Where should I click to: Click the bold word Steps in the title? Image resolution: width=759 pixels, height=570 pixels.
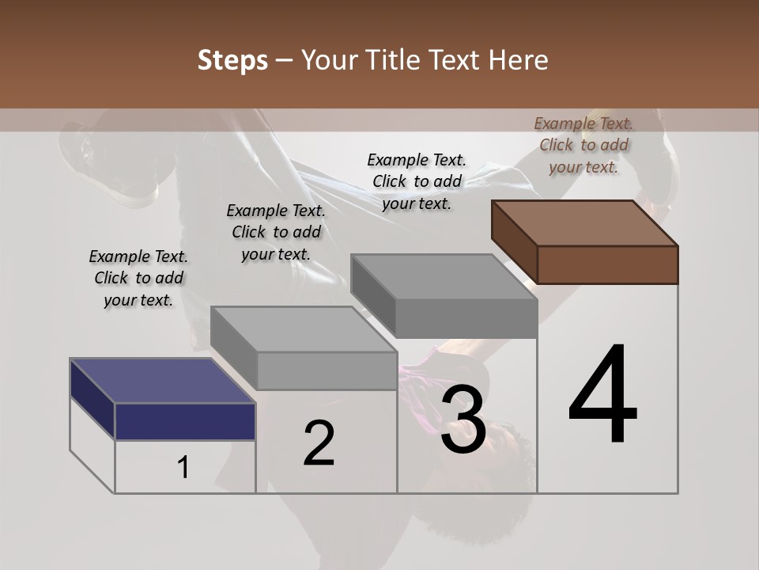[232, 60]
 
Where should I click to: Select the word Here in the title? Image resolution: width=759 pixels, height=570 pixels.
[519, 60]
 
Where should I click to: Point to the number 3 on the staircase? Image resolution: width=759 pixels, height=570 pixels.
[463, 420]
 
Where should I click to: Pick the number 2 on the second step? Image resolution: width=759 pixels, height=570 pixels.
[319, 443]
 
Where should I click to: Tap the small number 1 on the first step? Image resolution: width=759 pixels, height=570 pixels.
[183, 468]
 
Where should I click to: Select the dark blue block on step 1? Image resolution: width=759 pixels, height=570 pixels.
[162, 400]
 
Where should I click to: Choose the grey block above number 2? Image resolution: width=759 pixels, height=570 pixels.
[304, 348]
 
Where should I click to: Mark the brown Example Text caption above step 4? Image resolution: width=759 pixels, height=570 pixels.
[583, 145]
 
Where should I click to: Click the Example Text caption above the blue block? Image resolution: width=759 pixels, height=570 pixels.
[138, 278]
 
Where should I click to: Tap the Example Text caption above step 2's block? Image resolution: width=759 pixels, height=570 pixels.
[276, 232]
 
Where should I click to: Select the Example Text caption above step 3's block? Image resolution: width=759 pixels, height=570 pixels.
[417, 181]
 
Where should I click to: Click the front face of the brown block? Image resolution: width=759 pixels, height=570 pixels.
[607, 264]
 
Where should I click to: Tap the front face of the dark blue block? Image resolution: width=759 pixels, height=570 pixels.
[185, 421]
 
